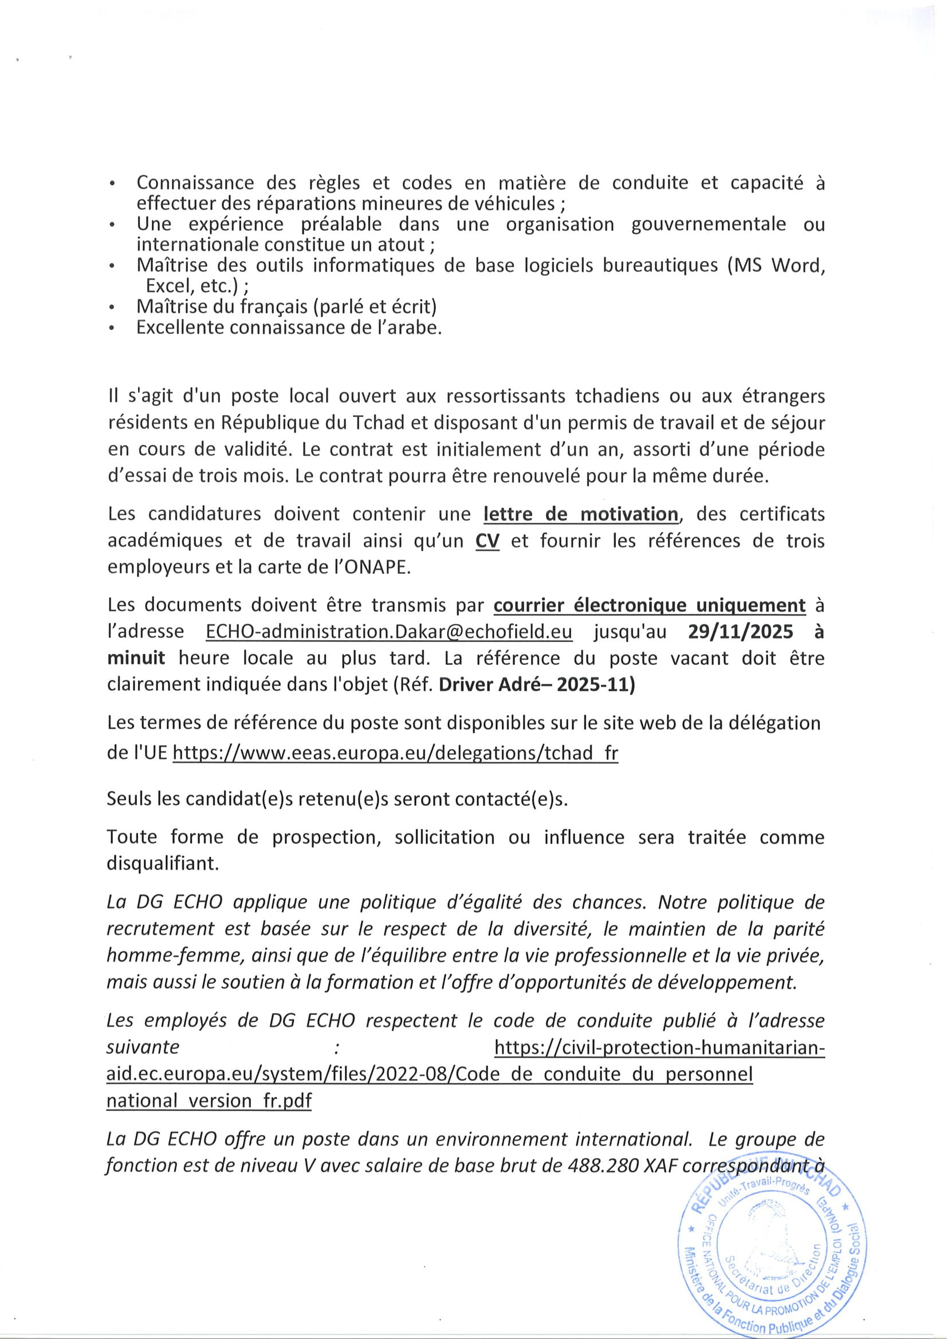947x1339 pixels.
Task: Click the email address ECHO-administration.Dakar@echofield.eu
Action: click(x=388, y=632)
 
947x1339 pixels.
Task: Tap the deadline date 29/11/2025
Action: click(x=740, y=632)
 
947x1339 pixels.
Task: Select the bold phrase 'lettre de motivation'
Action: click(x=580, y=514)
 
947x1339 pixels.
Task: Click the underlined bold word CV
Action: click(x=487, y=541)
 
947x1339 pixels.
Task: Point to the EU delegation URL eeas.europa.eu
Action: click(x=396, y=753)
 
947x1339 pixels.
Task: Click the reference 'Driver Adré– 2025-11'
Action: click(x=537, y=684)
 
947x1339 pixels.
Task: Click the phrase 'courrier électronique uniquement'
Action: click(x=650, y=606)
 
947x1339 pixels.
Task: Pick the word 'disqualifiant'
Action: click(x=162, y=864)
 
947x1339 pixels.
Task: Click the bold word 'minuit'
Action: click(x=136, y=658)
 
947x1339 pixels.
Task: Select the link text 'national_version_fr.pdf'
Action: click(x=209, y=1101)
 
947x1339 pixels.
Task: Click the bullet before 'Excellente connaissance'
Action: click(x=112, y=329)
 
